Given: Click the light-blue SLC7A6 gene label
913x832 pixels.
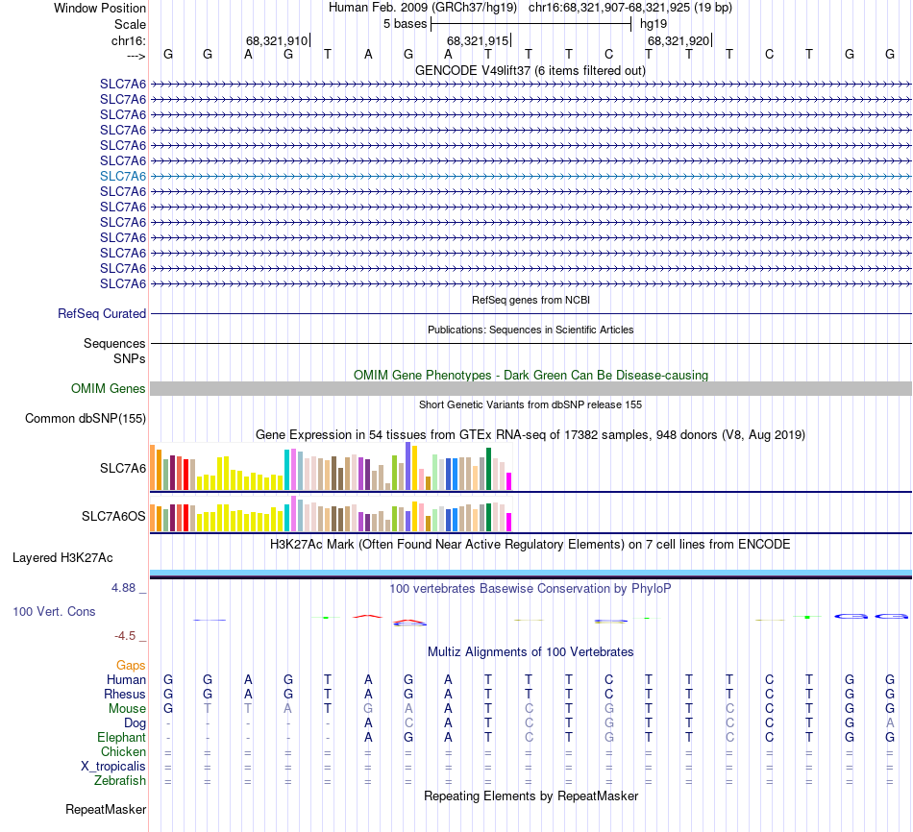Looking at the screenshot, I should [x=123, y=176].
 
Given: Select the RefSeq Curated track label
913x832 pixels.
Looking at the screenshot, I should [x=102, y=313].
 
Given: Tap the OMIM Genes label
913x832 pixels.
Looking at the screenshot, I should [x=109, y=389].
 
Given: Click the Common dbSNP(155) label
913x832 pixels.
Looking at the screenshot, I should [x=86, y=418].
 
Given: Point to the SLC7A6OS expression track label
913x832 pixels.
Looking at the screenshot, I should [x=113, y=517].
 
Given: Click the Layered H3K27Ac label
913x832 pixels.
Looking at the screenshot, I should [x=62, y=557].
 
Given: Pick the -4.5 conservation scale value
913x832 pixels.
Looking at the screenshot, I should [x=131, y=635].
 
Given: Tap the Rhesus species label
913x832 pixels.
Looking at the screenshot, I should [x=125, y=694].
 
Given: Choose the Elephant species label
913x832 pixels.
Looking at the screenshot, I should [x=121, y=737].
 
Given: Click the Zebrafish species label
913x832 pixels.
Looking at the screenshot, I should [x=120, y=780].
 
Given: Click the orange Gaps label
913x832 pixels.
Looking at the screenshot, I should [x=131, y=665].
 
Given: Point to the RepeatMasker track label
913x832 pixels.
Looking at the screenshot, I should [x=106, y=810].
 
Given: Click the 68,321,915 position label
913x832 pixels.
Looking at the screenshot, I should [x=478, y=40].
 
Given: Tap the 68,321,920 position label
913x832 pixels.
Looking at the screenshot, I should [x=679, y=40].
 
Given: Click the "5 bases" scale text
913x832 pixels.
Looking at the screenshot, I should [x=405, y=23].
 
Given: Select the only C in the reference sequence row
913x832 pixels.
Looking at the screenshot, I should [x=608, y=54].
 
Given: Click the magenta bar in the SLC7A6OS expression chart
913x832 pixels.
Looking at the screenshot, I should [x=509, y=522].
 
